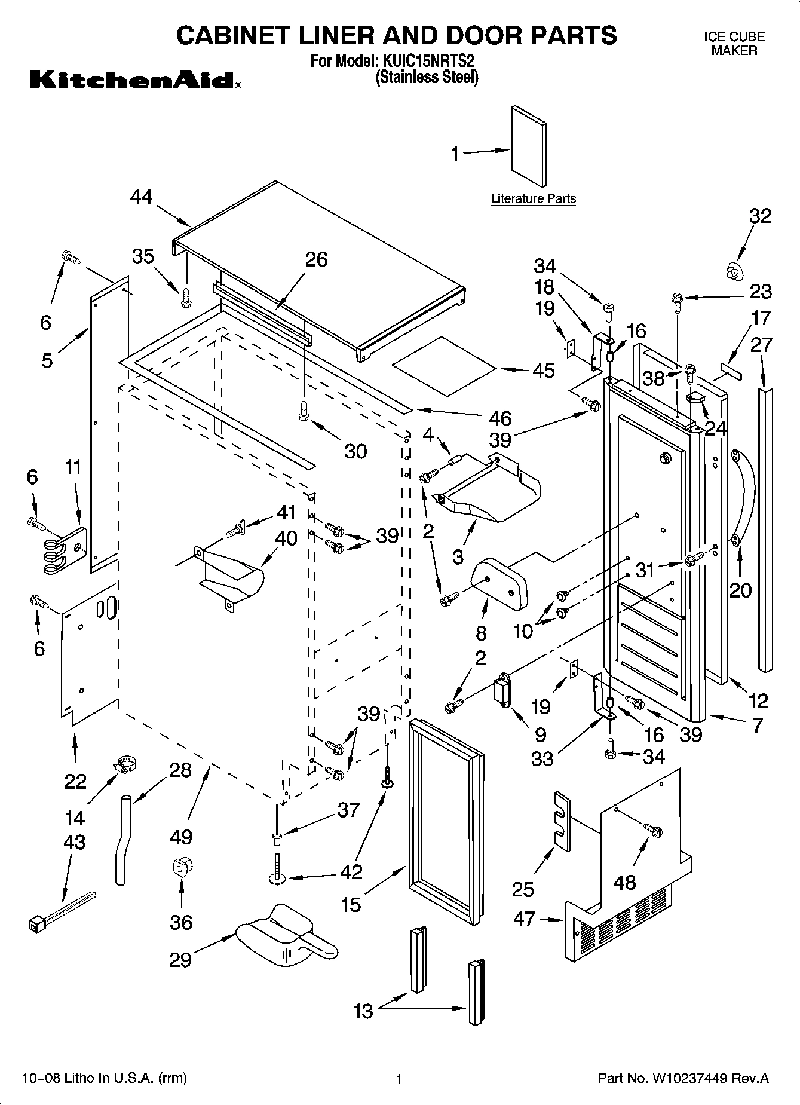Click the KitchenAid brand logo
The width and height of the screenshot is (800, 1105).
point(135,79)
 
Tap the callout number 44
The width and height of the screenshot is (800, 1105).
point(142,197)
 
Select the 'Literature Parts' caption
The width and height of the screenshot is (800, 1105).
point(533,199)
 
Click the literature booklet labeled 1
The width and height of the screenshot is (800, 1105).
point(528,146)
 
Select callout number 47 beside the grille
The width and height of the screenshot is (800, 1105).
point(524,919)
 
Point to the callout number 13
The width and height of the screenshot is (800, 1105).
point(363,1011)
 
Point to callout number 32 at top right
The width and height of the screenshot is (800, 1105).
point(760,216)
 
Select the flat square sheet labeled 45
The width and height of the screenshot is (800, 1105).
point(443,366)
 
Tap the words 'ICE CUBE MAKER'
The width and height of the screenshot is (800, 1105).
point(734,44)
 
